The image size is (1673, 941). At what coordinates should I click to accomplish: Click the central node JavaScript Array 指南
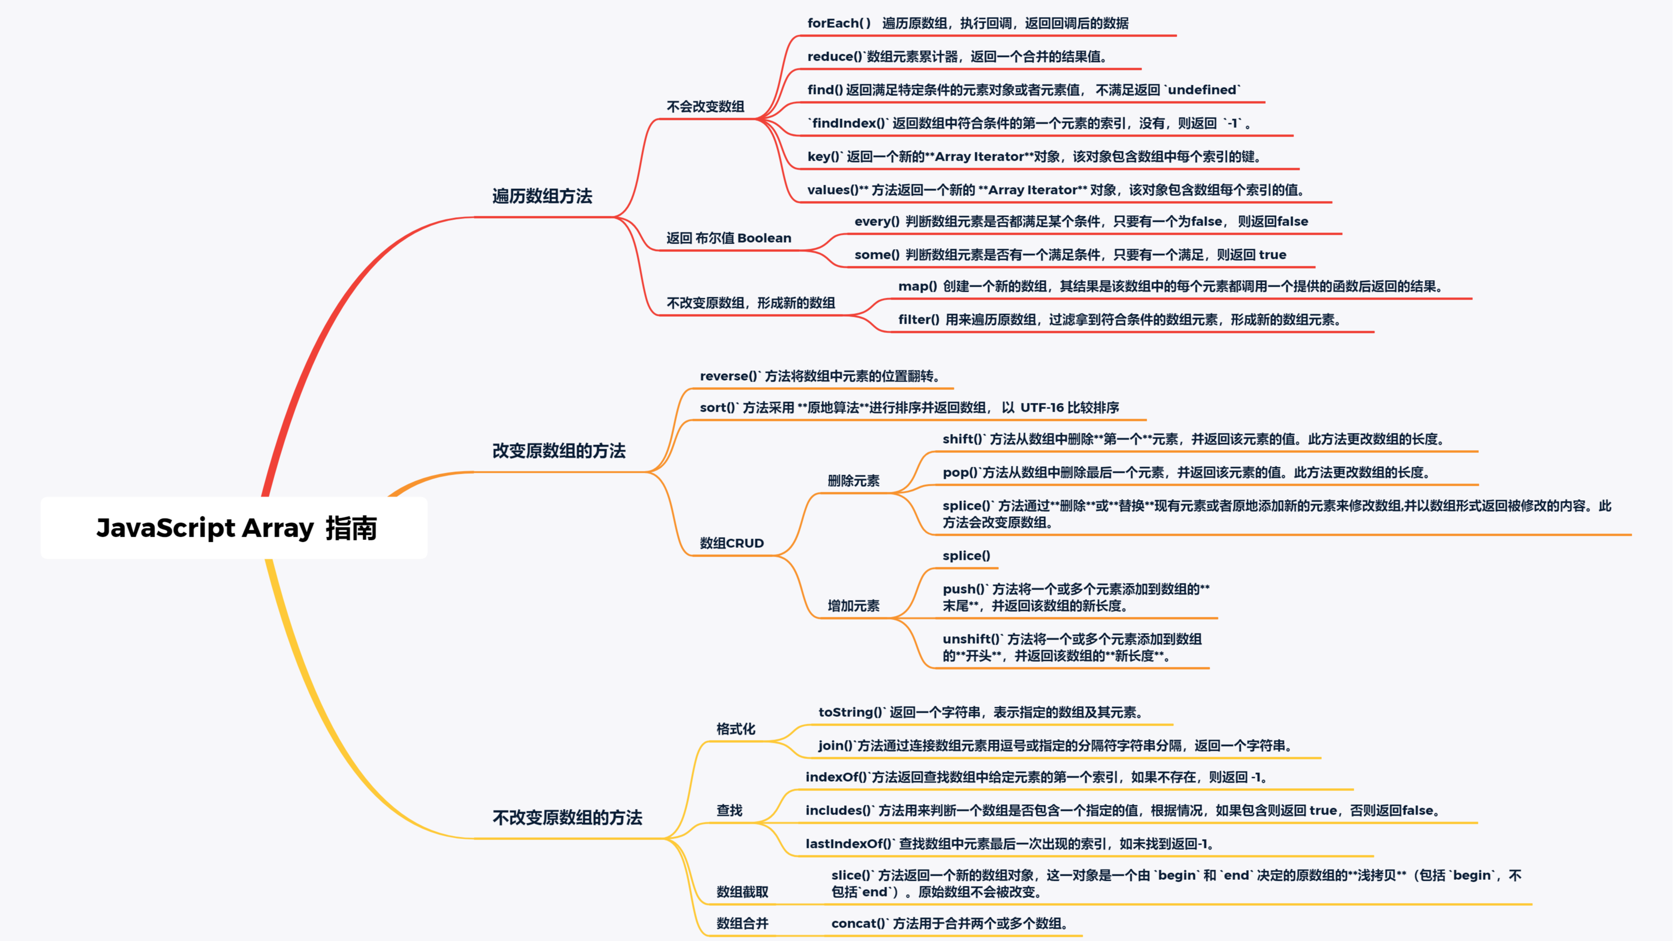pos(236,528)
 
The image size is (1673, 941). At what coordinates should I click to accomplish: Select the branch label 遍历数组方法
pos(542,196)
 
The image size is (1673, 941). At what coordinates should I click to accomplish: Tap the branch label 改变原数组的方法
pos(559,451)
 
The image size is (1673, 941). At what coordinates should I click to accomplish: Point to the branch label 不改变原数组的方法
pos(567,817)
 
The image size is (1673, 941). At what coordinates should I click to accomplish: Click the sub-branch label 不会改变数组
pos(705,107)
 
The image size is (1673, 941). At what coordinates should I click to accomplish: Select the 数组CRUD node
pos(731,543)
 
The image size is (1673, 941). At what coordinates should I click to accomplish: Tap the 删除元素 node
pos(853,481)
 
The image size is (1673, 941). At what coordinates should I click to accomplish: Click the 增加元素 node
pos(853,605)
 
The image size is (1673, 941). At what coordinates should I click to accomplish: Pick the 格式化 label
pos(736,729)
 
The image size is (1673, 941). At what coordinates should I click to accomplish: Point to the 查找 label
pos(729,810)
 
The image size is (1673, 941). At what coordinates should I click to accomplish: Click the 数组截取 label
pos(742,891)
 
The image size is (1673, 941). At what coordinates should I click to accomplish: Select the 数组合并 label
pos(742,923)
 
